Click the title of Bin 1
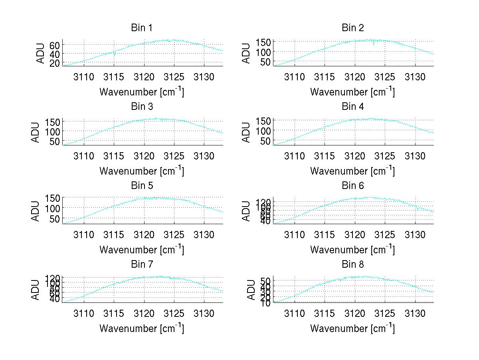(142, 28)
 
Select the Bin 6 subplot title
(352, 186)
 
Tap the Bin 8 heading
(352, 265)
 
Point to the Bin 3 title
(142, 107)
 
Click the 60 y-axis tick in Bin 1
(55, 45)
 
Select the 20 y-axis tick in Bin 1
(55, 63)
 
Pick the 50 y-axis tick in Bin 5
(55, 219)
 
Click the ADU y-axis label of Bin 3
(36, 132)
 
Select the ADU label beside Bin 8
(251, 290)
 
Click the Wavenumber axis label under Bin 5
(142, 250)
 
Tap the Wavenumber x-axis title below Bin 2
(352, 92)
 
